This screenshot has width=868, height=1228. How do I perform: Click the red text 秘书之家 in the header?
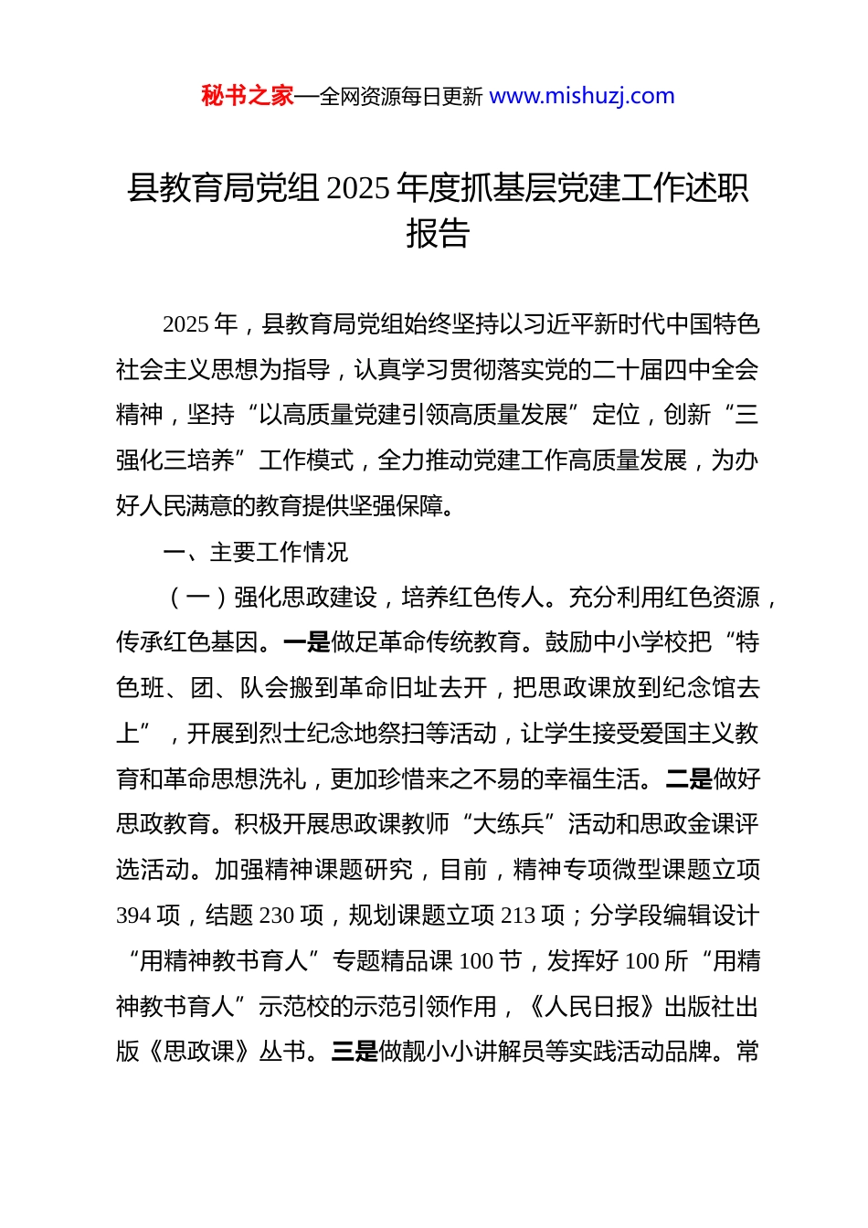(x=247, y=96)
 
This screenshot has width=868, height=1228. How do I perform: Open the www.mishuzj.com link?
(x=582, y=96)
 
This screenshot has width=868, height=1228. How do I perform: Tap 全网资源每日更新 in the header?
(x=401, y=97)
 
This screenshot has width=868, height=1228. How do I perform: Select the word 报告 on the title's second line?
(x=437, y=234)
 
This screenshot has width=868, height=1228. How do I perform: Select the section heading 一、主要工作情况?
(x=255, y=552)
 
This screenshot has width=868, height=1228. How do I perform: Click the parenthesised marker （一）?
(x=198, y=598)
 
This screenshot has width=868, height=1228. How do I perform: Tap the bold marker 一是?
(x=307, y=642)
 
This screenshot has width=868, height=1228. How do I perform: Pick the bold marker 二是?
(x=689, y=779)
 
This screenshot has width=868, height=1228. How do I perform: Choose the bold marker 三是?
(x=355, y=1052)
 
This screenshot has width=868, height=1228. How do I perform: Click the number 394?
(x=134, y=916)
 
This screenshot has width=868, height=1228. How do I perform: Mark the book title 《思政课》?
(x=198, y=1052)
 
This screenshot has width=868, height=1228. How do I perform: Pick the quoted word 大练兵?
(x=509, y=824)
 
